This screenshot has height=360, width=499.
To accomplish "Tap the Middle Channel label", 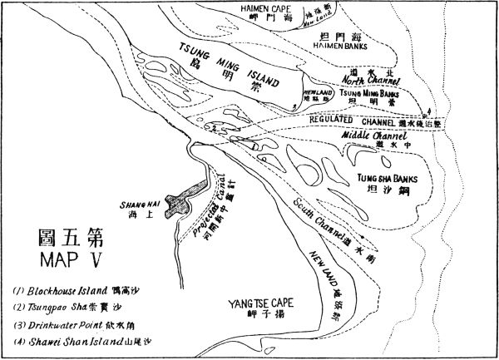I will pos(381,135).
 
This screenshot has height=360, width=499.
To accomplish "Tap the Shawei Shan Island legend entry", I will pos(71,341).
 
